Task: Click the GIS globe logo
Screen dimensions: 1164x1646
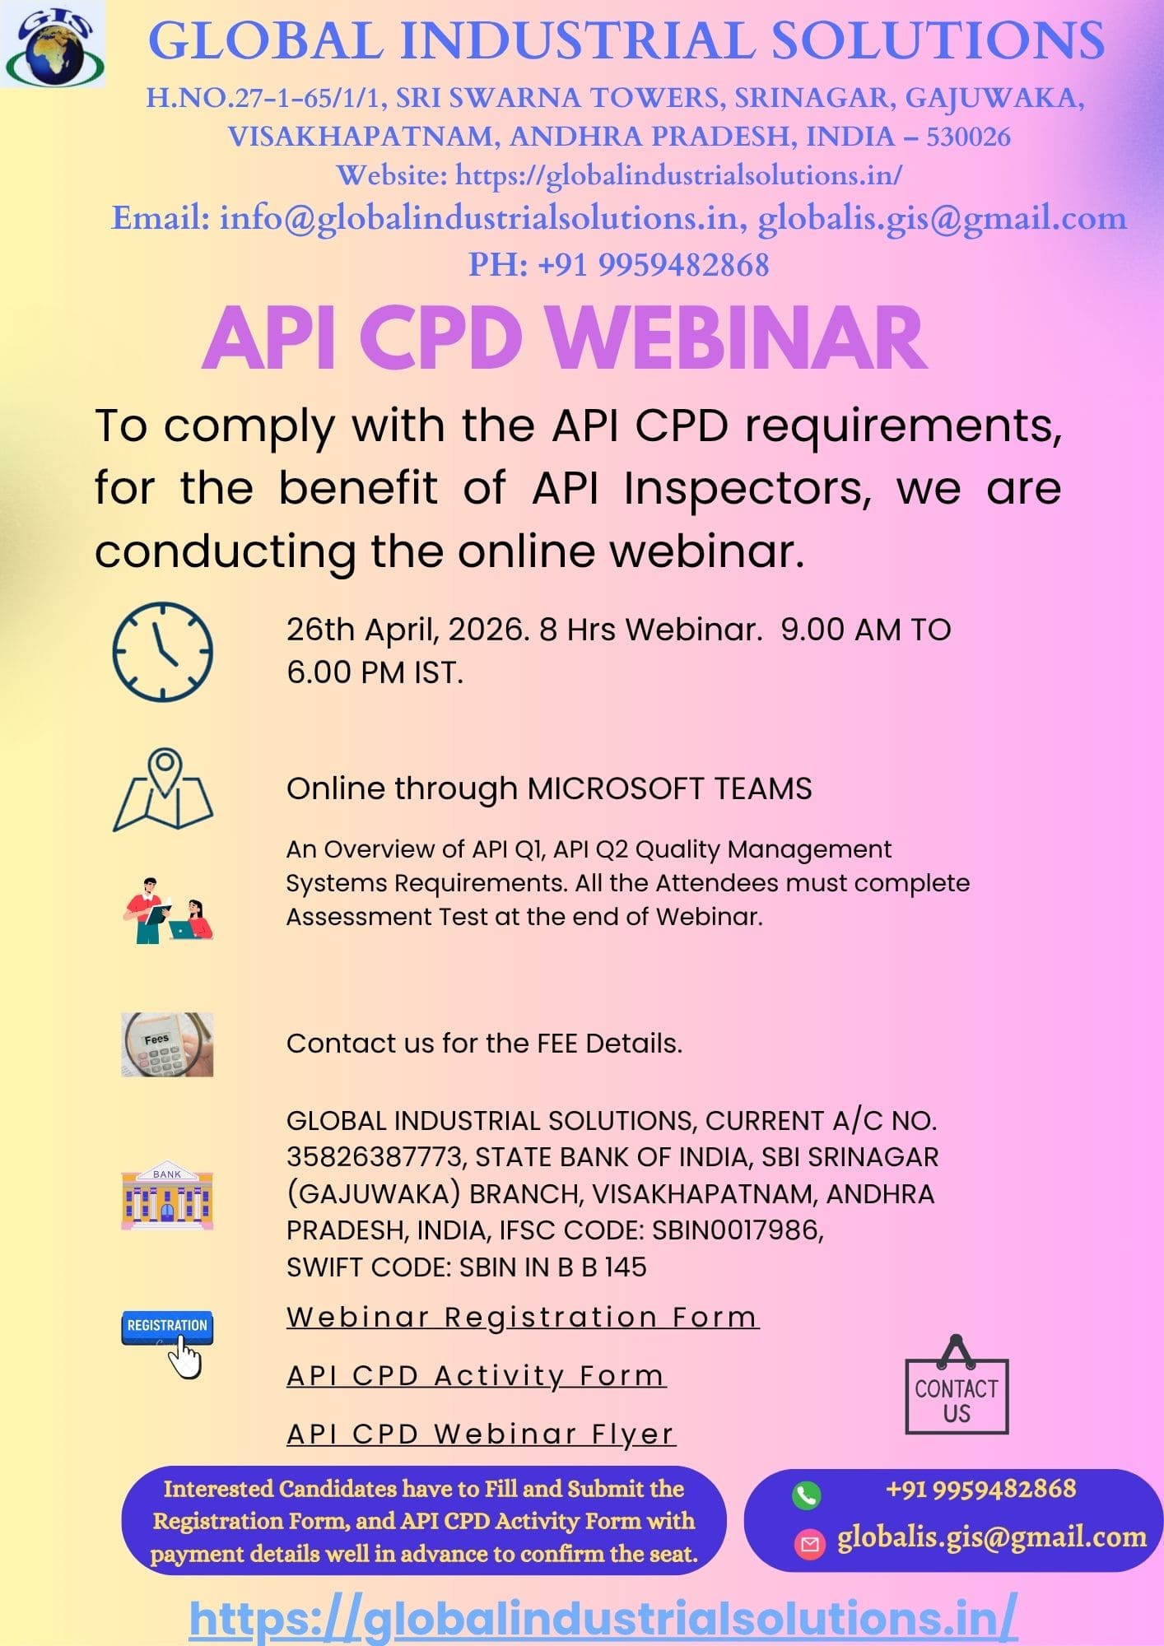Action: (x=53, y=44)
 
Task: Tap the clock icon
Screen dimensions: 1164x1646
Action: (x=163, y=652)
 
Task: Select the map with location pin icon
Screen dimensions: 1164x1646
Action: (x=163, y=790)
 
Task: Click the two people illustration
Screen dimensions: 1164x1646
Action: (x=168, y=910)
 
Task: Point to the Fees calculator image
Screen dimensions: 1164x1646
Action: (x=167, y=1044)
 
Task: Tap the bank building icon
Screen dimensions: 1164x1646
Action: (x=167, y=1196)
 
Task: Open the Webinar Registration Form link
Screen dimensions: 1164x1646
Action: (x=523, y=1317)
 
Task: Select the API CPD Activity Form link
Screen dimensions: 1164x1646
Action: (x=477, y=1375)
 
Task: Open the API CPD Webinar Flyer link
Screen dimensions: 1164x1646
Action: (x=481, y=1434)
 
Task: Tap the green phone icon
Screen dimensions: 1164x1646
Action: (x=806, y=1495)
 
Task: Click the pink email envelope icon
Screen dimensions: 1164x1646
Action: (x=809, y=1545)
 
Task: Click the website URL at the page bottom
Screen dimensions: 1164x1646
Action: (x=603, y=1617)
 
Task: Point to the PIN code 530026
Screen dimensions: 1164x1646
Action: (x=968, y=136)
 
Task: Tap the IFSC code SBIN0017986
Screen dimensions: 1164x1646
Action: (x=738, y=1230)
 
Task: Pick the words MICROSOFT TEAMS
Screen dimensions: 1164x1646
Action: (x=669, y=788)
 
